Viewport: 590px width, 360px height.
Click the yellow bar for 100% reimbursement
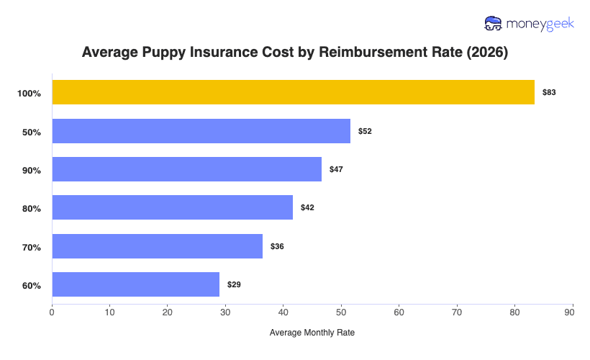(x=293, y=92)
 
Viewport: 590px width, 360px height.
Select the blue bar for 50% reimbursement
(x=201, y=131)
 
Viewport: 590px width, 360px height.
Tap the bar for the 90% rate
(x=186, y=169)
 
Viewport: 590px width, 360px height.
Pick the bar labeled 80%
(x=172, y=207)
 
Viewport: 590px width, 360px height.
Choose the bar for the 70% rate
(x=157, y=246)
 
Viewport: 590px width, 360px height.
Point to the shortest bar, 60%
(x=135, y=284)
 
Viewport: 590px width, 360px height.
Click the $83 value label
(x=549, y=93)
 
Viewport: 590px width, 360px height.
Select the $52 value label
(x=365, y=131)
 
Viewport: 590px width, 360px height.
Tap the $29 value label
(x=234, y=284)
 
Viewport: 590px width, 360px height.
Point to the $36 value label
(x=277, y=246)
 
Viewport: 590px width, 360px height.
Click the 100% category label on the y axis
(x=29, y=94)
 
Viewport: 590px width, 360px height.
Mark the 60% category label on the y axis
(x=32, y=286)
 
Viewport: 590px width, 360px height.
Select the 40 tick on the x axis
(x=283, y=312)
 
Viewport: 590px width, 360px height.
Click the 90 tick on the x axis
(x=573, y=312)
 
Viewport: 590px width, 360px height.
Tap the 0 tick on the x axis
(x=52, y=312)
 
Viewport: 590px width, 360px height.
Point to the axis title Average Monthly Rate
(x=312, y=333)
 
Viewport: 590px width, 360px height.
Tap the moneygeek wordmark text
(x=540, y=24)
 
